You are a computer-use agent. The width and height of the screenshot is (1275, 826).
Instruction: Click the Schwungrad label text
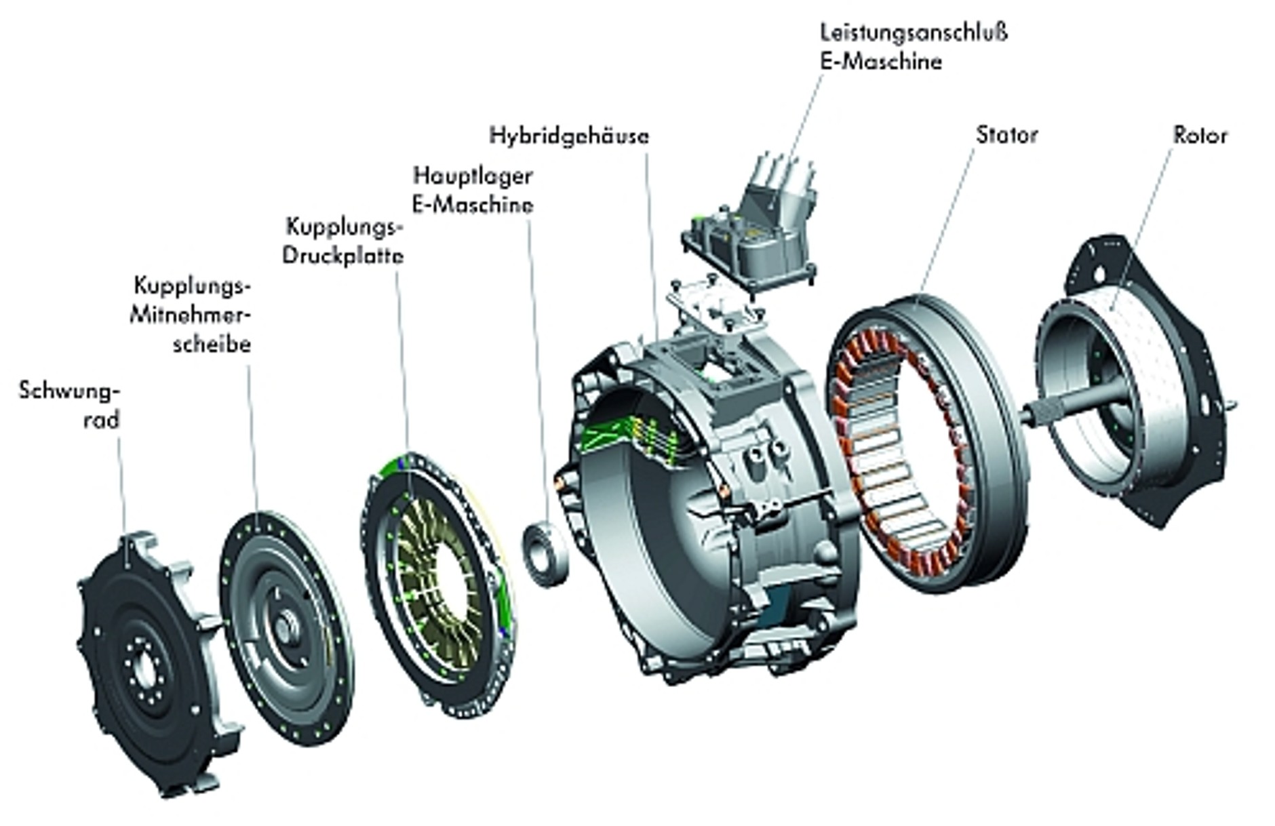point(70,405)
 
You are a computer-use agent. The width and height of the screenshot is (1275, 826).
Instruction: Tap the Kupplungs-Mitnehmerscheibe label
point(192,315)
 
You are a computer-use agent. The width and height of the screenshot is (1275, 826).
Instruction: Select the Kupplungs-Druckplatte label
point(343,241)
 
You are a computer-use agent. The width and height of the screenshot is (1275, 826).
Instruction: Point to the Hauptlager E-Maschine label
point(473,190)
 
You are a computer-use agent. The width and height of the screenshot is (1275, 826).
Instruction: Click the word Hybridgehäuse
point(569,136)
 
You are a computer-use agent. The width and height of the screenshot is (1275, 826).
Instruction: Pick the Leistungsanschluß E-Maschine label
point(913,47)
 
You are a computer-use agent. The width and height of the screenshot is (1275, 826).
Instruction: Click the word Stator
point(1006,135)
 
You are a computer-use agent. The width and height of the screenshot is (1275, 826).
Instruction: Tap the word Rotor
point(1200,136)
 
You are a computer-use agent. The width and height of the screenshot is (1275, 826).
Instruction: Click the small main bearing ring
point(544,553)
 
